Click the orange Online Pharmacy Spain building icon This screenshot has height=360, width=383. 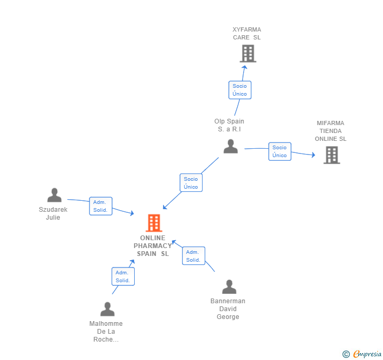click(154, 223)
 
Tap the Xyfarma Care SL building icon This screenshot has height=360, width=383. click(248, 54)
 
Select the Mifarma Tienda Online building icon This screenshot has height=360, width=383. click(331, 155)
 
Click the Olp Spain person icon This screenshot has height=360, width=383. click(230, 147)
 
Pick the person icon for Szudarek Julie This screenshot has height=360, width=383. click(54, 196)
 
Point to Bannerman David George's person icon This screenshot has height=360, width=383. click(229, 287)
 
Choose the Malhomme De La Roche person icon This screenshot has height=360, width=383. click(107, 309)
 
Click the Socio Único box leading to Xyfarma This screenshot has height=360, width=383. click(239, 90)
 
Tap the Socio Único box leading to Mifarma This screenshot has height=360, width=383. click(279, 151)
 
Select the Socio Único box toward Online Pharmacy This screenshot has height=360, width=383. click(190, 183)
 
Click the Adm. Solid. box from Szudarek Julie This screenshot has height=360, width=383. click(100, 206)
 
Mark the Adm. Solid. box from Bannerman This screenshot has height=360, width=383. click(193, 256)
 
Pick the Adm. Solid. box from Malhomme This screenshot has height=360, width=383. click(123, 276)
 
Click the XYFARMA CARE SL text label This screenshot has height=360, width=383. click(247, 34)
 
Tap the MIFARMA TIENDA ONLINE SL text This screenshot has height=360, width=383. click(330, 131)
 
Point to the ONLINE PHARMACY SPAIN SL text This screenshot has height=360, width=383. click(153, 246)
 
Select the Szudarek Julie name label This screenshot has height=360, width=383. click(53, 213)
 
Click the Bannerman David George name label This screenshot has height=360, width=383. click(228, 309)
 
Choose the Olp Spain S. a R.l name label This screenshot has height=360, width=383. click(229, 125)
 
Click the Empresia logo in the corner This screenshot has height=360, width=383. click(362, 354)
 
